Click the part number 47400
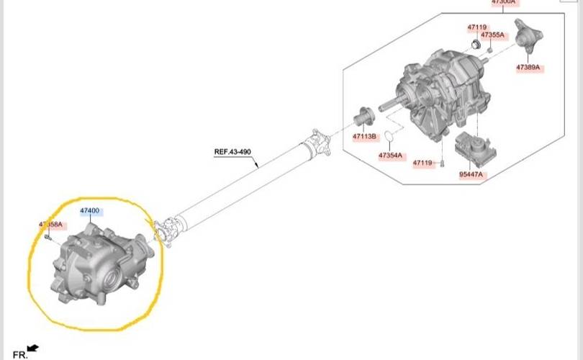[x=91, y=211]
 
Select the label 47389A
[x=528, y=68]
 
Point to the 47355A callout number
[x=493, y=35]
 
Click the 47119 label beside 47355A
[x=476, y=27]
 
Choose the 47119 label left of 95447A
[x=422, y=163]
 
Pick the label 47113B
[x=364, y=136]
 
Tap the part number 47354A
[x=390, y=156]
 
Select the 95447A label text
[x=472, y=174]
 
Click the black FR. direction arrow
[x=32, y=348]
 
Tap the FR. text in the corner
[x=19, y=354]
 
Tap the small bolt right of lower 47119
[x=442, y=162]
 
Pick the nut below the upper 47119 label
[x=476, y=46]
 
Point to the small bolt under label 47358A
[x=47, y=236]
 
